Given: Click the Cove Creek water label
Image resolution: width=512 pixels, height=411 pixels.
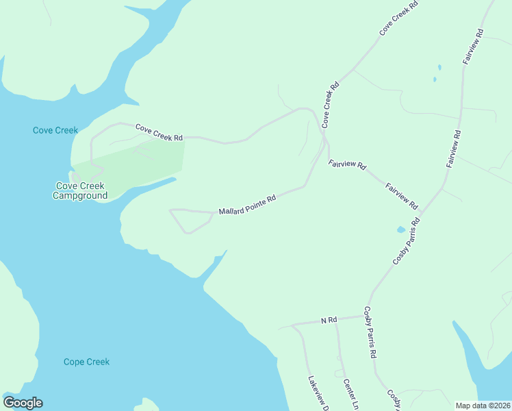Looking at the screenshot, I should click(x=55, y=130).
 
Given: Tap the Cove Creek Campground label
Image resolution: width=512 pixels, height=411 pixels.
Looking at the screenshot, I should click(x=80, y=190).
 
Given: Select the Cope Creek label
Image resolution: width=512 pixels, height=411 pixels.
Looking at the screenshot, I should click(x=86, y=362).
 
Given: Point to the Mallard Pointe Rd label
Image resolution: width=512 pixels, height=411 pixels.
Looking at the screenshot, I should click(x=247, y=204).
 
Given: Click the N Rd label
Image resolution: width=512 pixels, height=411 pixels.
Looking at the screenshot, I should click(x=329, y=320).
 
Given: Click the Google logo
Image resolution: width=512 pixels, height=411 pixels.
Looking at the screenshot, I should click(x=23, y=403).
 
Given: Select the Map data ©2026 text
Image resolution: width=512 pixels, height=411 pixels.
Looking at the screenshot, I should click(x=483, y=406).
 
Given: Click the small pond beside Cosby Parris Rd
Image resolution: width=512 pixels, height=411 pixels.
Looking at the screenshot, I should click(x=400, y=229).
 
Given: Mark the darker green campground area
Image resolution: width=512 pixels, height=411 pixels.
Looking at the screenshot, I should click(x=137, y=164).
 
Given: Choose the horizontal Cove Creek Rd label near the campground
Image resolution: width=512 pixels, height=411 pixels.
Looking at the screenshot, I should click(x=159, y=132).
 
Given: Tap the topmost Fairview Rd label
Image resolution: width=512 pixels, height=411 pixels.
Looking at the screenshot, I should click(x=474, y=47).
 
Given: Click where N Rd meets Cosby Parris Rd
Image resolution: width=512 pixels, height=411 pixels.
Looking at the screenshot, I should click(x=363, y=316).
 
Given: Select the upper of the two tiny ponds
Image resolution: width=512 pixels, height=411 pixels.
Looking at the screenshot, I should click(x=439, y=68).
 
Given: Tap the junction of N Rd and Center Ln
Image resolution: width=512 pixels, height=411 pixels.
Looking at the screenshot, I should click(x=335, y=320).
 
